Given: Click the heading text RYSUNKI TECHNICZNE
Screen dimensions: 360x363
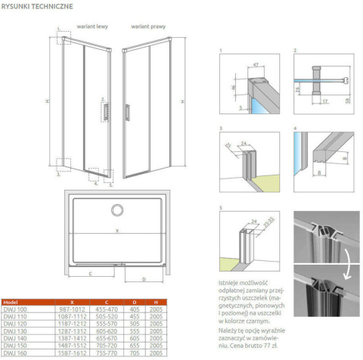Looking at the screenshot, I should tap(37, 6).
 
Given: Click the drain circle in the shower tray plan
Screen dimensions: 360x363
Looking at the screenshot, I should tap(119, 209).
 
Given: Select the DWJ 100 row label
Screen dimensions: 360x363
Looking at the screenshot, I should tap(15, 309).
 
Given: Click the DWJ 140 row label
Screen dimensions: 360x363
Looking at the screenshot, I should tap(15, 337).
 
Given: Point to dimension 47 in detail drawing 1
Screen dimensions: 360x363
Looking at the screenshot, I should tap(258, 67).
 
